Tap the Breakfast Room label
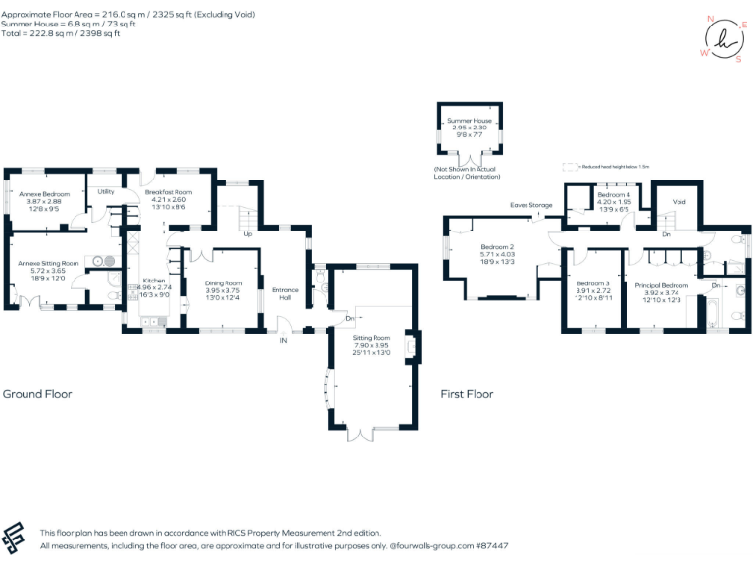click(169, 192)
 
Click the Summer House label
click(470, 121)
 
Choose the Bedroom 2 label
click(497, 247)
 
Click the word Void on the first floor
click(678, 201)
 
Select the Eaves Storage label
click(530, 205)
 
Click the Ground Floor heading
click(37, 394)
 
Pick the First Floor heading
click(467, 394)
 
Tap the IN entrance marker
click(283, 340)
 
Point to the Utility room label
click(106, 191)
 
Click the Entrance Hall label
click(285, 293)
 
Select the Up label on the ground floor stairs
click(247, 234)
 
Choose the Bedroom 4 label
click(614, 195)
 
